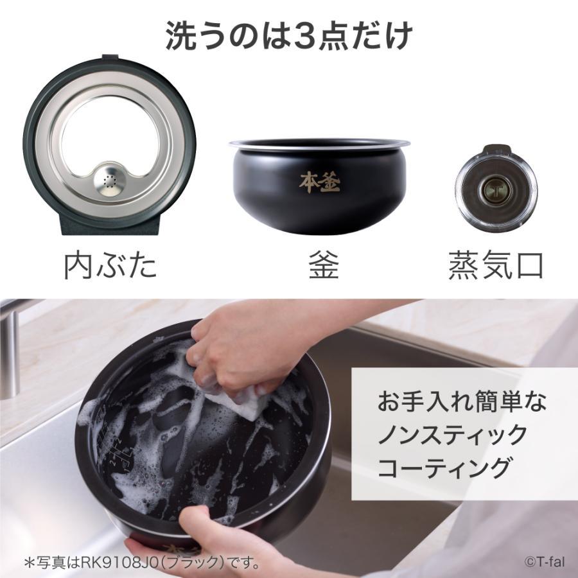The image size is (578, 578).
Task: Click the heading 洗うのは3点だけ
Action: [x=288, y=37]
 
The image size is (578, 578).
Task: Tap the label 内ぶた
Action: [x=110, y=265]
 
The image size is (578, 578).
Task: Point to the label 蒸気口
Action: [x=495, y=265]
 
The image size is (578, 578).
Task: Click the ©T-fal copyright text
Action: [x=543, y=562]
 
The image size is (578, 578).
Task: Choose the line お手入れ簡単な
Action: [x=461, y=403]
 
